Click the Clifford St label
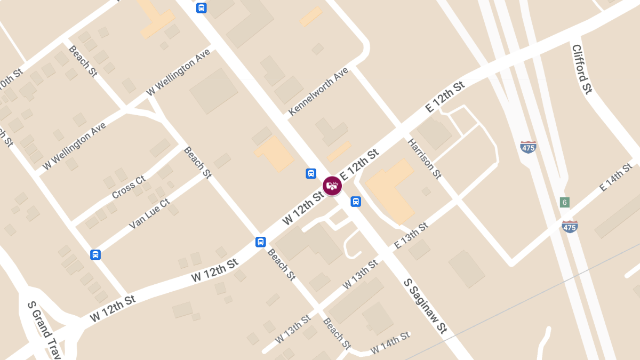pos(582,69)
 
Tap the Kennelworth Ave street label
pos(318,91)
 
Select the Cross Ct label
pos(129,187)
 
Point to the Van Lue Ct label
pos(149,214)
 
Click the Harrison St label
pos(425,158)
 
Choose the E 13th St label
pos(411,236)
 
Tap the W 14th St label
pos(390,342)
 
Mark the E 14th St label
pos(615,178)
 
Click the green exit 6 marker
pos(565,202)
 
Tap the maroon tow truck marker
pos(332,186)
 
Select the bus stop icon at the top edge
pos(201,7)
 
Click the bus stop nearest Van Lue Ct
pos(95,254)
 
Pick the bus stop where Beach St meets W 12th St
pos(260,242)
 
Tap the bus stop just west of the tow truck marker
pos(310,173)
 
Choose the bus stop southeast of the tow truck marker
pos(356,201)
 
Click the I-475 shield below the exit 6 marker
pos(570,226)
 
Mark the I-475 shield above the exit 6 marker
pos(528,147)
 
